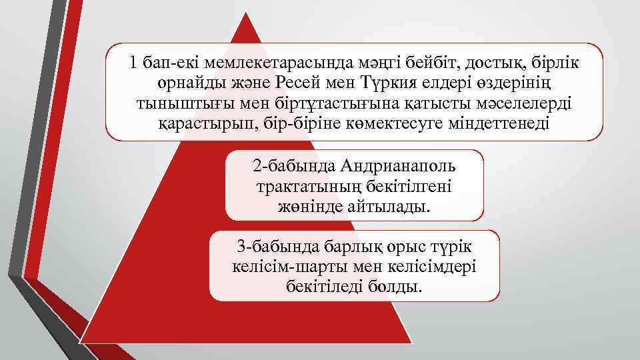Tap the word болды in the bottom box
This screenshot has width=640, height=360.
(x=399, y=287)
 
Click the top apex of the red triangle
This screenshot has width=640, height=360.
(x=245, y=15)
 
